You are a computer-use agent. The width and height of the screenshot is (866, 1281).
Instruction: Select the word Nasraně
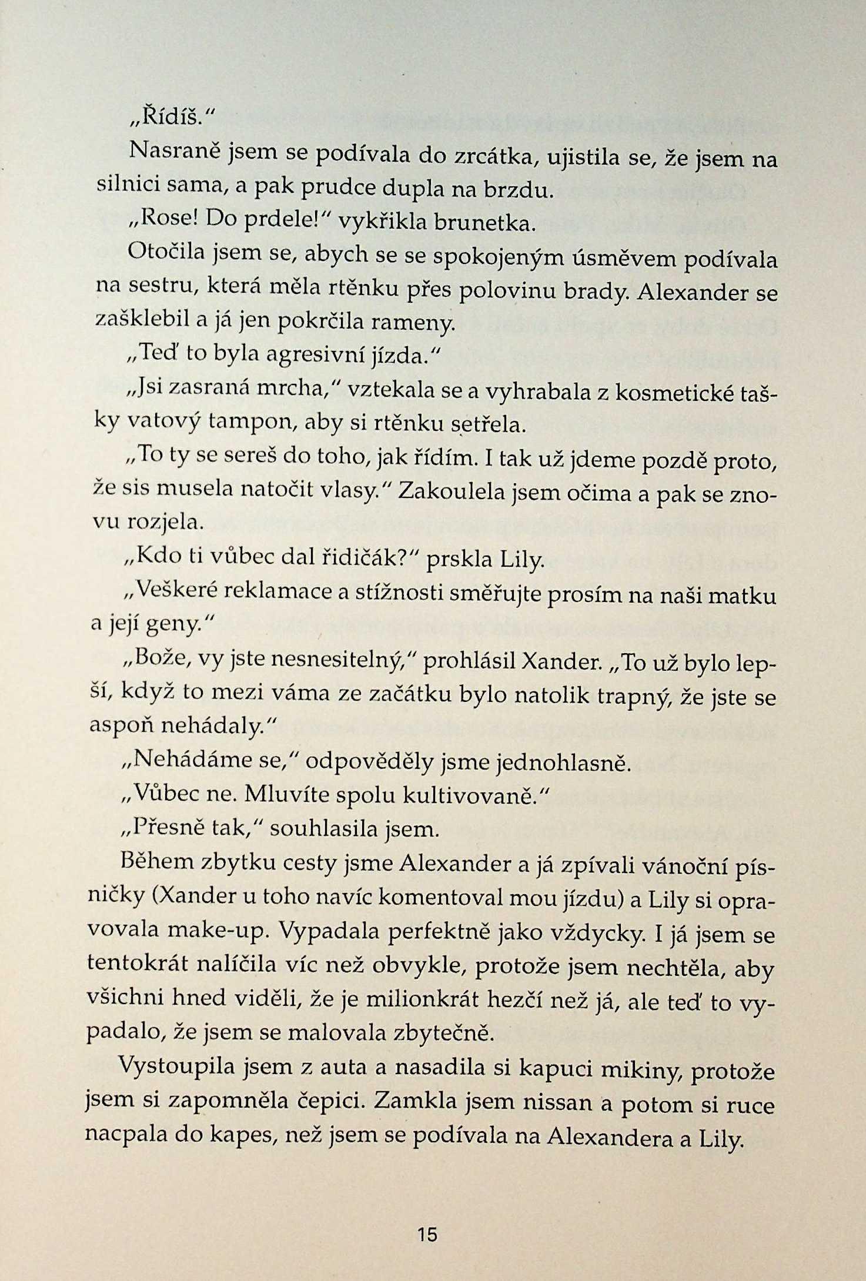(x=175, y=153)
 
